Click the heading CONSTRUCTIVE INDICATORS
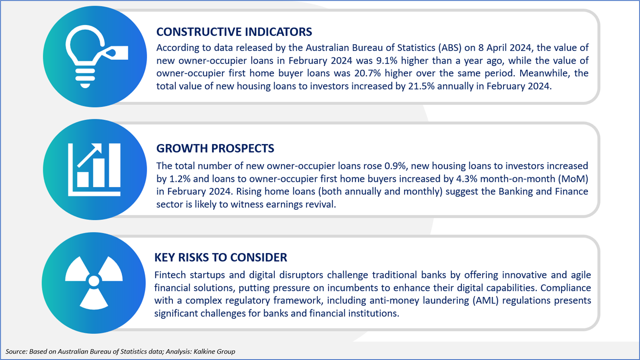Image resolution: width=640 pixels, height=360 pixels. click(x=234, y=32)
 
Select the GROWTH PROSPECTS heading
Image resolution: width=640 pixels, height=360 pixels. click(x=215, y=149)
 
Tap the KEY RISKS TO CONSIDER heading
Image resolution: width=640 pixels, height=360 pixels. click(x=220, y=257)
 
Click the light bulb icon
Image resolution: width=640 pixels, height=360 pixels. click(x=85, y=56)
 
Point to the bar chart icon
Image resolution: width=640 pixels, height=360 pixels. click(x=94, y=170)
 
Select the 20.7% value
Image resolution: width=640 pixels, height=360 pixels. click(x=368, y=73)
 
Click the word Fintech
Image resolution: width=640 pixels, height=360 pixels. click(x=170, y=275)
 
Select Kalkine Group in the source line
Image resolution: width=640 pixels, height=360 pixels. click(x=214, y=351)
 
